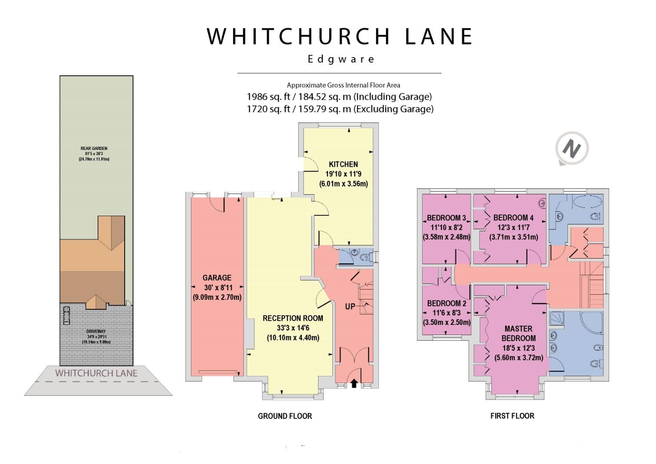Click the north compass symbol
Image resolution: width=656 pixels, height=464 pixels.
[x=572, y=149]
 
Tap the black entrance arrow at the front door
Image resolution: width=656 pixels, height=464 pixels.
[x=354, y=383]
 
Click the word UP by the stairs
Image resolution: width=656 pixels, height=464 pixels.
[x=350, y=306]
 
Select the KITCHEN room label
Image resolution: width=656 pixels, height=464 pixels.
[x=343, y=164]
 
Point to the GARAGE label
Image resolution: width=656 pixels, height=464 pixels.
[x=217, y=278]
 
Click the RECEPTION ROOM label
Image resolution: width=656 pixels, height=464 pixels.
[x=293, y=318]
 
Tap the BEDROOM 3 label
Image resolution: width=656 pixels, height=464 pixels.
[x=446, y=218]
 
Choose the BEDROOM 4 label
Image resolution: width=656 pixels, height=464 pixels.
[x=513, y=218]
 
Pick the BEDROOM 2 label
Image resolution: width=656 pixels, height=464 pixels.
[x=447, y=303]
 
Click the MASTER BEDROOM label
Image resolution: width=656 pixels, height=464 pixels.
[x=518, y=333]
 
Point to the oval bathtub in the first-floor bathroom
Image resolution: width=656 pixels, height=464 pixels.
[x=588, y=202]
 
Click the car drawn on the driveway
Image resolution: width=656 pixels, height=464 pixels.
[x=67, y=315]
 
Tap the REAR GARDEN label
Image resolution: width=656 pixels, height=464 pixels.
[x=94, y=148]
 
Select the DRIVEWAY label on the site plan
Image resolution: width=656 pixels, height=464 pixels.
[x=96, y=331]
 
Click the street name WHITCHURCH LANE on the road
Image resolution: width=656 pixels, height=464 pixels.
[x=96, y=373]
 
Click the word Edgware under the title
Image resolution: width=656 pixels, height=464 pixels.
[x=341, y=59]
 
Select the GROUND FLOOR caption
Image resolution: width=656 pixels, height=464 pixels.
[x=285, y=416]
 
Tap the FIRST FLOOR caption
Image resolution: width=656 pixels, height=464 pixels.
[x=512, y=416]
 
